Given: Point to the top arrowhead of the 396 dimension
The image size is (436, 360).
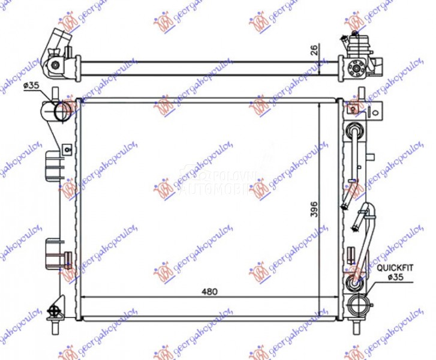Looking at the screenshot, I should pos(318,104).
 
